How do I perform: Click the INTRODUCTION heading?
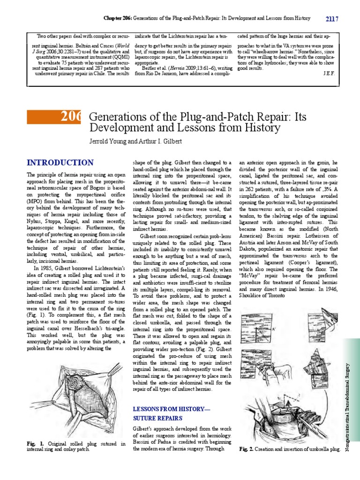click(60, 163)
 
